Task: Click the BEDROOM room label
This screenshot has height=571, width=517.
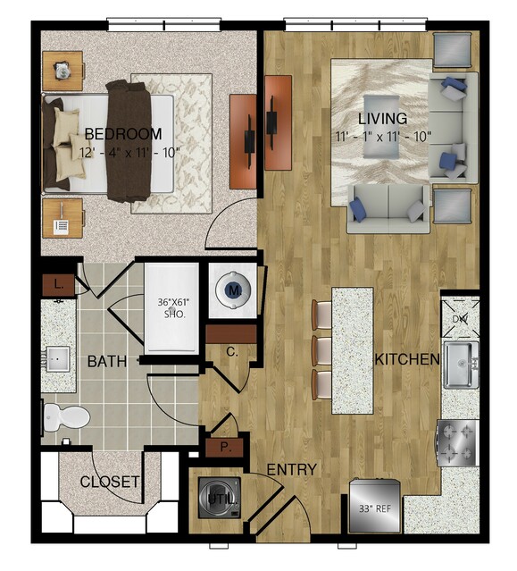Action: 123,134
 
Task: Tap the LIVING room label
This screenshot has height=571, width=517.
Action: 383,119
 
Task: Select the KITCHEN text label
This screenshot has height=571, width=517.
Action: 407,359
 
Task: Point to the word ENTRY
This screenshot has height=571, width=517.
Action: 292,469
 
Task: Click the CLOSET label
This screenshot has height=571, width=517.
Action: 110,482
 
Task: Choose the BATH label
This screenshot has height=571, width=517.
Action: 107,362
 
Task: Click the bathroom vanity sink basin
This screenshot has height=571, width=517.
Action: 57,359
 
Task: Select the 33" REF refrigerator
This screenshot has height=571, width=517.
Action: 375,506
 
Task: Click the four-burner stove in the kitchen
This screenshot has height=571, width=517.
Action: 458,443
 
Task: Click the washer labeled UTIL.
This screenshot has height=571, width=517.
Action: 220,498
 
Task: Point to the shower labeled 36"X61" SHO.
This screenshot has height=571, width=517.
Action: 171,308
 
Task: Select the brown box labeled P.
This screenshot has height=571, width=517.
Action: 224,448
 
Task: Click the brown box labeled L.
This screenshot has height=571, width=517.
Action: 59,284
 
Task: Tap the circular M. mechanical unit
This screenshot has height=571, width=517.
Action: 233,290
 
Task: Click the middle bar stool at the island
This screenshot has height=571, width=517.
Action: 322,351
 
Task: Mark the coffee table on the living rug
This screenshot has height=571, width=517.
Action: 381,127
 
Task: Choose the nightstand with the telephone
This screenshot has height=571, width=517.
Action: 63,219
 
